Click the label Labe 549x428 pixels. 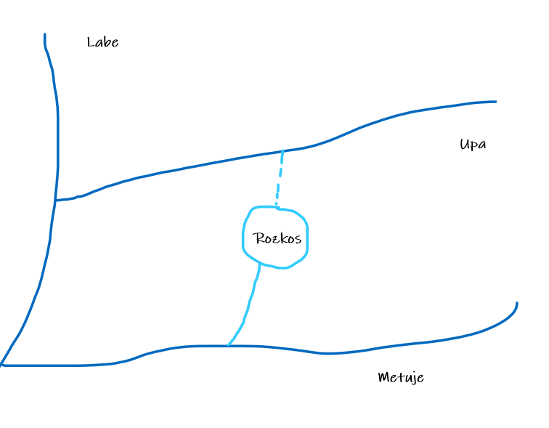tap(102, 42)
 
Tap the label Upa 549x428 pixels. tap(473, 145)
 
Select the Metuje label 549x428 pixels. tap(401, 378)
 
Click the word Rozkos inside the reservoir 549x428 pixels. tap(277, 238)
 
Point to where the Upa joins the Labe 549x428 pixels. tap(56, 200)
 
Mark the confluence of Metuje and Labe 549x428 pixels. tap(3, 364)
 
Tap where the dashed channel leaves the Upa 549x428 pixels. tap(282, 151)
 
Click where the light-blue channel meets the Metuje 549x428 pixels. tap(228, 346)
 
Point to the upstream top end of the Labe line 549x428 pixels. tap(45, 35)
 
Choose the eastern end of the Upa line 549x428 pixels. tap(495, 102)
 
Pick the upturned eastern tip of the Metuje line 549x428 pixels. tap(516, 304)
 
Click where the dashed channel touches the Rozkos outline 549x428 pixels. tap(277, 209)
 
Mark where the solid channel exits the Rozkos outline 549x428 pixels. tap(260, 264)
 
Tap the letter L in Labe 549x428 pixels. tap(91, 42)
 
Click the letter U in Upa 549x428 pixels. tap(464, 144)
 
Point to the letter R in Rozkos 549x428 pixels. tap(258, 238)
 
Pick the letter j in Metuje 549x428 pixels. tap(411, 379)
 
